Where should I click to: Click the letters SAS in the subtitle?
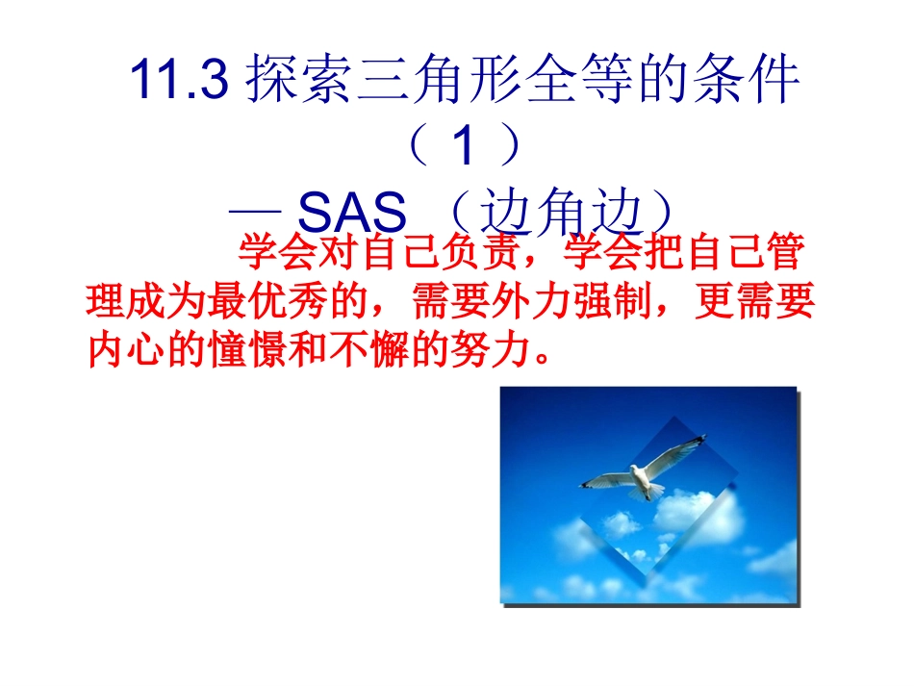pos(354,211)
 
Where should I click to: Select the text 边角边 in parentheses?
pos(559,211)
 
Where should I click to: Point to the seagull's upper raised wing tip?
pos(699,440)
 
